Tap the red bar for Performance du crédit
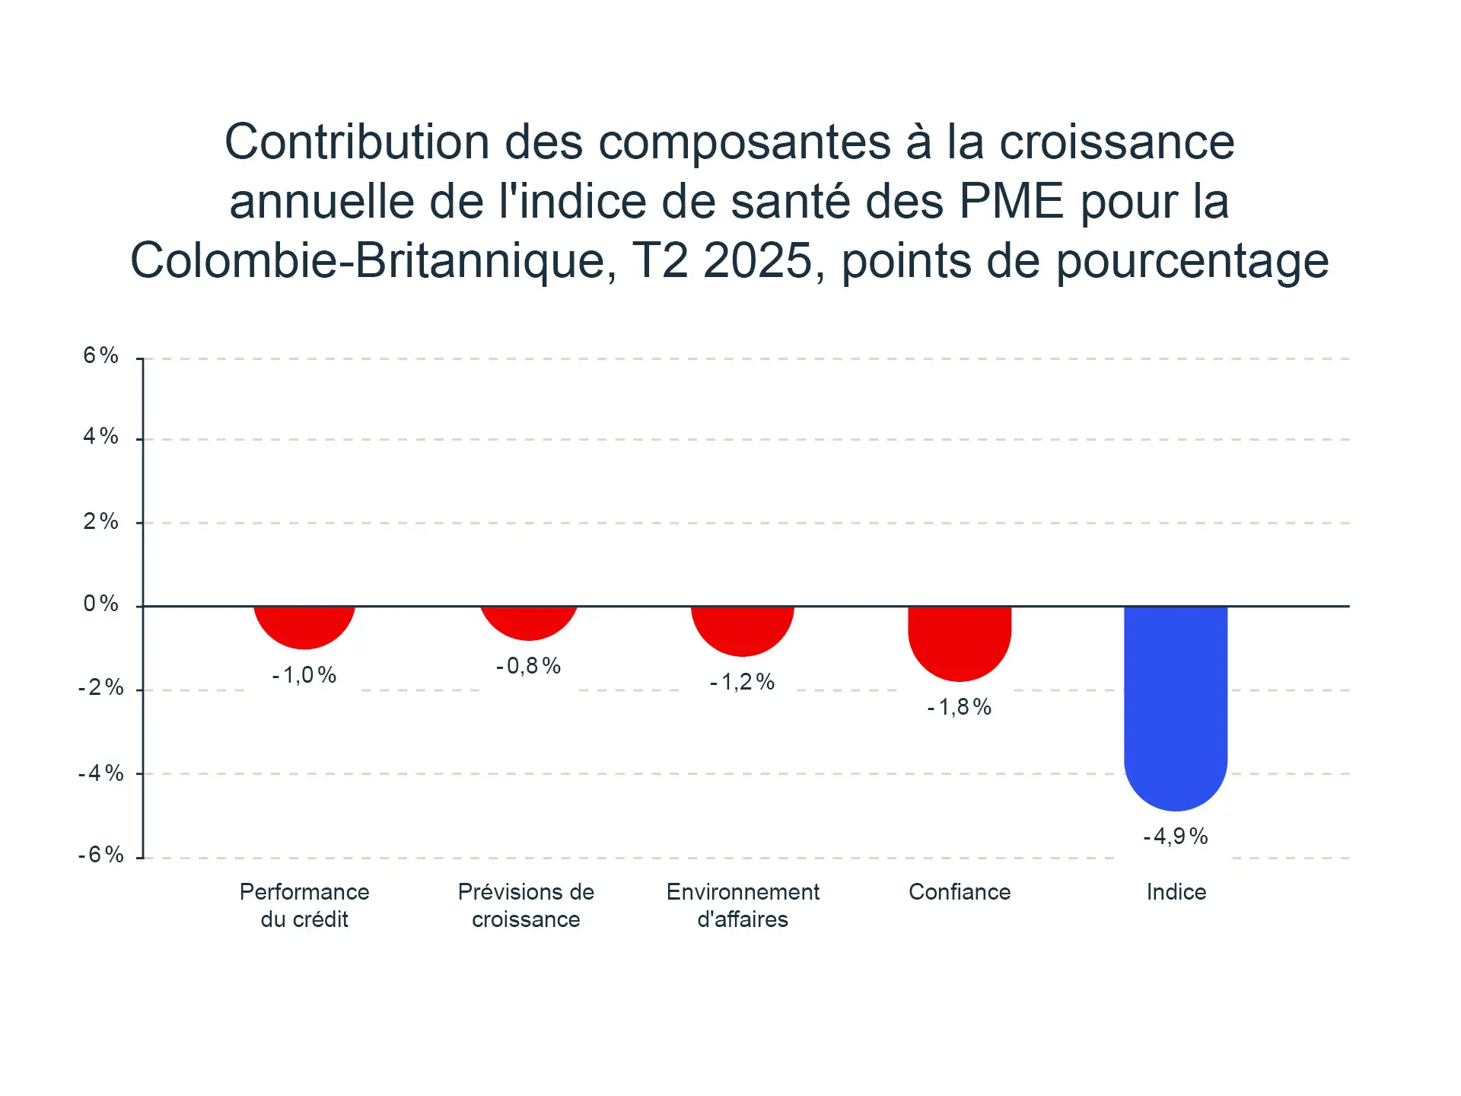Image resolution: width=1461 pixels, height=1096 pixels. pyautogui.click(x=304, y=626)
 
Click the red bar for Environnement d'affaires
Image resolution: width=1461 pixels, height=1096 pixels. pyautogui.click(x=743, y=629)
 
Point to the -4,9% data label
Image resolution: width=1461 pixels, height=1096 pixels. pyautogui.click(x=1176, y=836)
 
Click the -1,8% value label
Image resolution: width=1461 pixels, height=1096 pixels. pyautogui.click(x=960, y=707)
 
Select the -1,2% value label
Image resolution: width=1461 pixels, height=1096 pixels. pyautogui.click(x=743, y=682)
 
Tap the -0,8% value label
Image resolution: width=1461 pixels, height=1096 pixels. pyautogui.click(x=529, y=666)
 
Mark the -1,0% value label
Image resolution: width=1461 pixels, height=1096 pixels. pyautogui.click(x=304, y=675)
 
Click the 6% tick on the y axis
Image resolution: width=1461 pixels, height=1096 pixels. pyautogui.click(x=101, y=355)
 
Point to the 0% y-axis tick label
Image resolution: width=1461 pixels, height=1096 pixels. pyautogui.click(x=101, y=604)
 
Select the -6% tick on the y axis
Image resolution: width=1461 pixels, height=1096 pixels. pyautogui.click(x=101, y=855)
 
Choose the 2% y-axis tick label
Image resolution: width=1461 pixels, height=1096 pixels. pyautogui.click(x=101, y=521)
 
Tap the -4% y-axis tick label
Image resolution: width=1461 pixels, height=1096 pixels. pyautogui.click(x=101, y=773)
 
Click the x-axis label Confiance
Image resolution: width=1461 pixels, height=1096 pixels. pyautogui.click(x=960, y=892)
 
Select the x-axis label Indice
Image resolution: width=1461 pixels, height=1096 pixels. pyautogui.click(x=1176, y=892)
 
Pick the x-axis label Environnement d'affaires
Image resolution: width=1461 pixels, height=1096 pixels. pyautogui.click(x=743, y=906)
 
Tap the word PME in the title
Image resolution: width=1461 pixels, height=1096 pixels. pyautogui.click(x=1011, y=202)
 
